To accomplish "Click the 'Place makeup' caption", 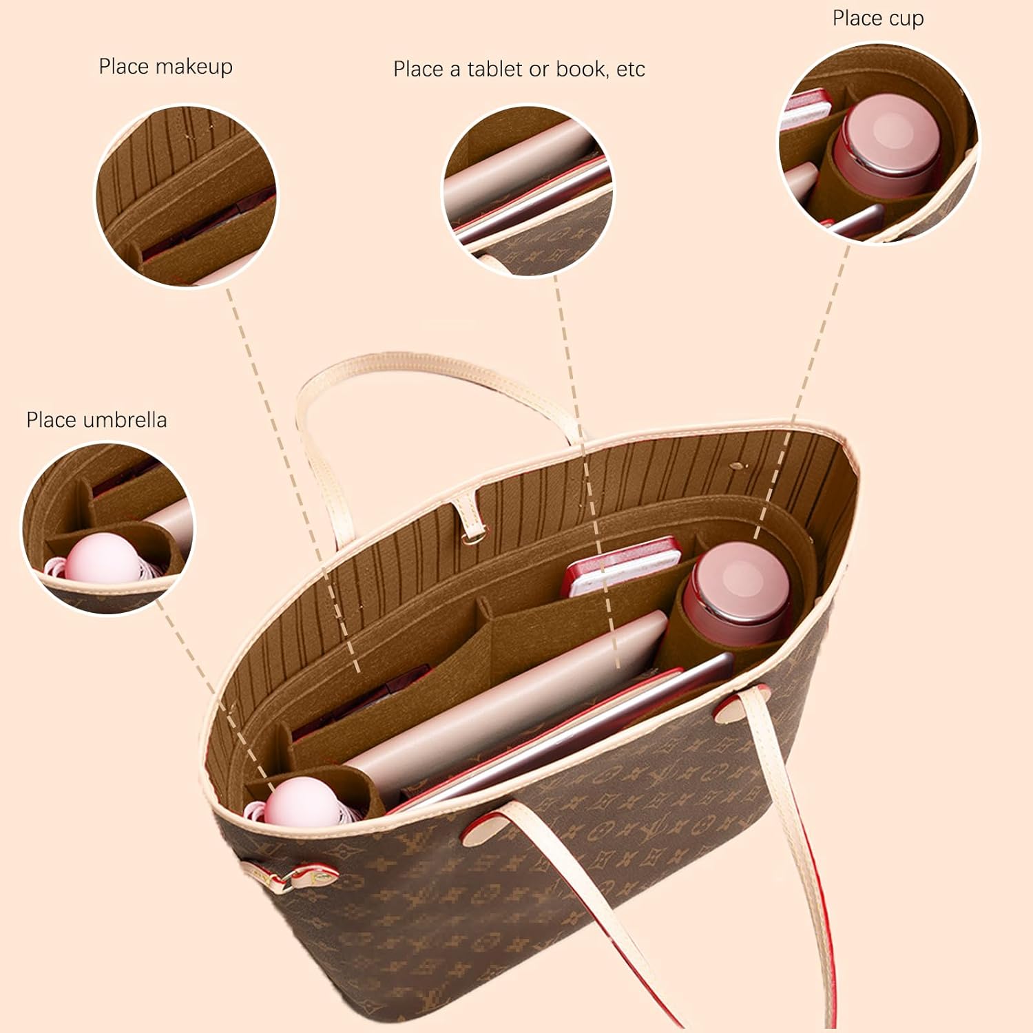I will [165, 67].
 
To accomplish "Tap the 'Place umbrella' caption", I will [96, 420].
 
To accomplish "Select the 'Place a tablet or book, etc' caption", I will [519, 70].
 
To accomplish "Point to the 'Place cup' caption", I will [877, 19].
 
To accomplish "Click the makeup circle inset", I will [186, 196].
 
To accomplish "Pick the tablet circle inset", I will [527, 191].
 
